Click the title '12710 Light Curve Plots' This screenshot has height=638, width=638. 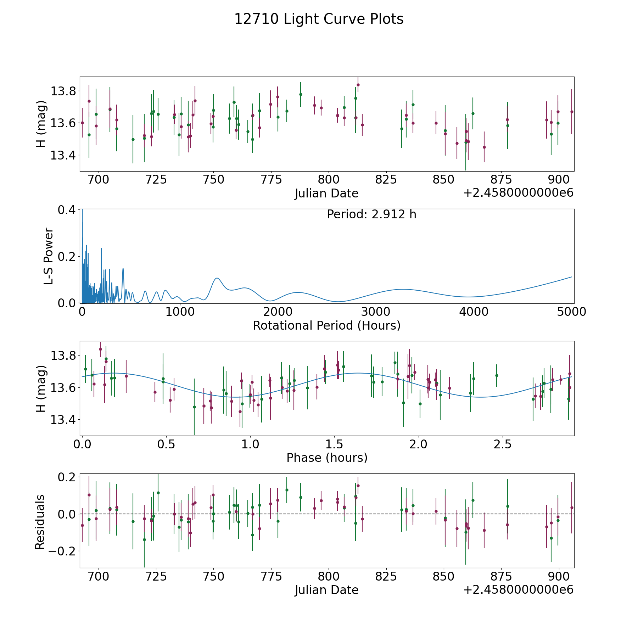click(319, 19)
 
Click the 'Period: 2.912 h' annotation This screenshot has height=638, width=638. click(371, 214)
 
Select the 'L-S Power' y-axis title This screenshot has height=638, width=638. click(49, 256)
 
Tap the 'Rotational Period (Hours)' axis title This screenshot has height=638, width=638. click(326, 325)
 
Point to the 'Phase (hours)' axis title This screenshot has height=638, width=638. click(327, 458)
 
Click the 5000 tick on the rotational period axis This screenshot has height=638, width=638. click(571, 312)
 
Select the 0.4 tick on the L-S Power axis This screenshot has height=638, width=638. click(67, 209)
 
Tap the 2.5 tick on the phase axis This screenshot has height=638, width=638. click(503, 444)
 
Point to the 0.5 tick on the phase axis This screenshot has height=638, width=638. click(166, 444)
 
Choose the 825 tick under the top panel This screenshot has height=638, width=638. click(386, 180)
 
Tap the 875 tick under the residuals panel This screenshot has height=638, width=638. click(501, 577)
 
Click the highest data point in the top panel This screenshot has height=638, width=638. click(358, 85)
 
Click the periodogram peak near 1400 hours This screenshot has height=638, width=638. click(217, 278)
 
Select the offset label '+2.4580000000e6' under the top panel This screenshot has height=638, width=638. click(518, 193)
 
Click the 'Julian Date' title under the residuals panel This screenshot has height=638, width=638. click(326, 590)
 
